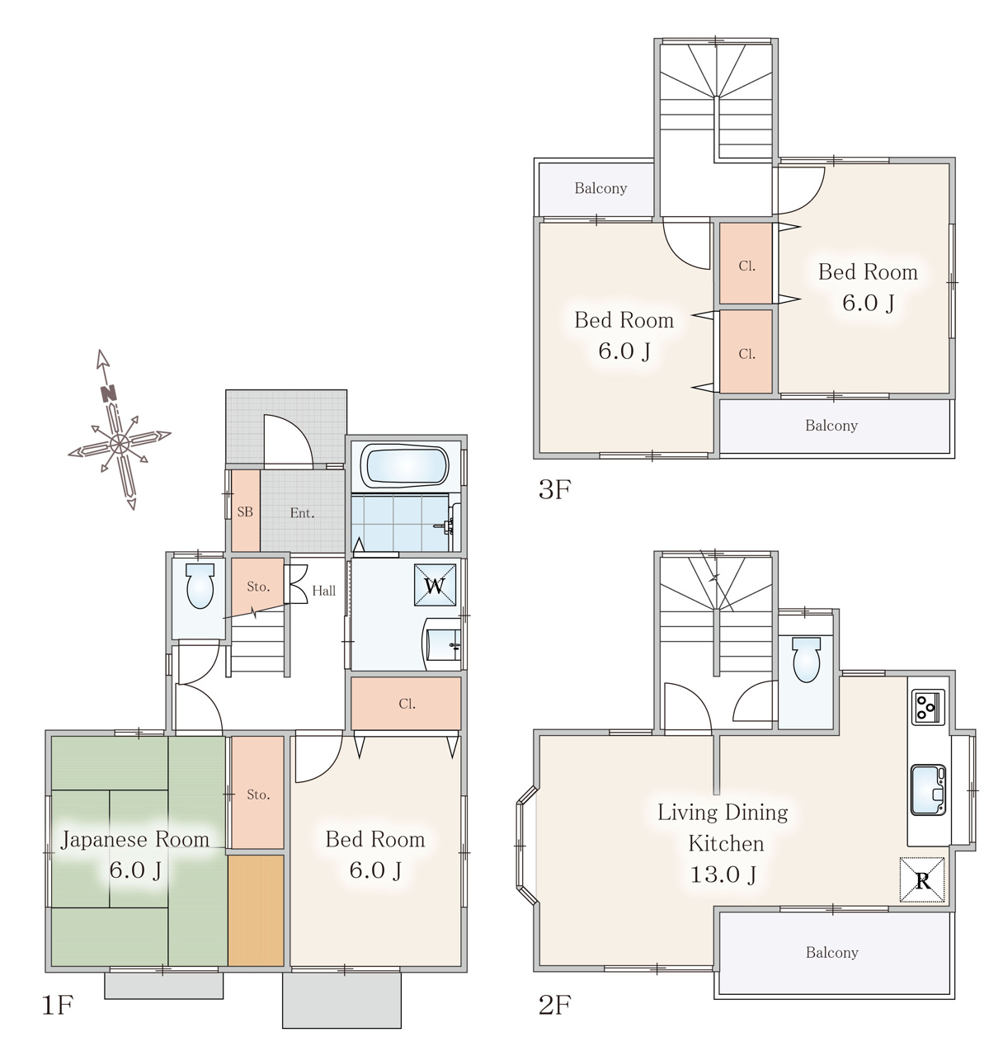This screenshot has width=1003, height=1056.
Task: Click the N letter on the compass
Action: point(109,394)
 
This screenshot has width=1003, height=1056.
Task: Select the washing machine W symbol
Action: point(435,585)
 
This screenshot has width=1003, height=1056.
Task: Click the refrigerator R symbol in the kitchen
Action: point(922,879)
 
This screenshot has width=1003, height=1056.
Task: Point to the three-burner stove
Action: point(928,707)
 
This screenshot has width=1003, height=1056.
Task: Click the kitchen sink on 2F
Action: point(928,790)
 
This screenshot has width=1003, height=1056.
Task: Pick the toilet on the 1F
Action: point(200,586)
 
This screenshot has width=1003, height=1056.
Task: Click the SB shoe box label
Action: point(245,511)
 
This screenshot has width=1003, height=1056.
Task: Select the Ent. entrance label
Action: point(302,513)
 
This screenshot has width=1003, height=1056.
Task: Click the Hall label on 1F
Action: point(324,591)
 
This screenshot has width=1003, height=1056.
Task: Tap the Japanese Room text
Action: point(134,840)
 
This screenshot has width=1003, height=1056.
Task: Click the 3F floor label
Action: point(554,490)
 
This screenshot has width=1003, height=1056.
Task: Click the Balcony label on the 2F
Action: point(831,953)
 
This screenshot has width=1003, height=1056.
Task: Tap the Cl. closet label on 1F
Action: point(407,704)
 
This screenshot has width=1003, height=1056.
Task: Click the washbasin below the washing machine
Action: point(443,643)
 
